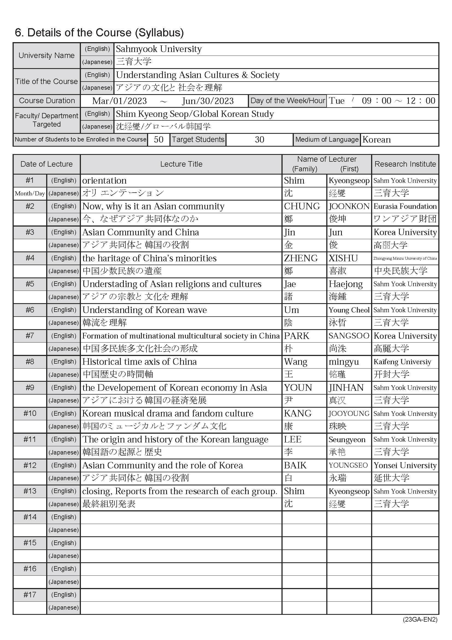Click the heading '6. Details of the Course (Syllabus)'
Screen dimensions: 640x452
(99, 33)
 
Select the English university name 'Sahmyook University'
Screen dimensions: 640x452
(159, 49)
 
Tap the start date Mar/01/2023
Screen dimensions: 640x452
(119, 101)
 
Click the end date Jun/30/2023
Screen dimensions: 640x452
(208, 101)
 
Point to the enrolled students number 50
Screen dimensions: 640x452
(159, 139)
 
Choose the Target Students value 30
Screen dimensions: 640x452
(259, 139)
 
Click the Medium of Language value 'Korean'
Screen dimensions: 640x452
(377, 139)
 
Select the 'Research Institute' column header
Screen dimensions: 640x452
(405, 164)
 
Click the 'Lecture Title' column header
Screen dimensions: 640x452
(181, 164)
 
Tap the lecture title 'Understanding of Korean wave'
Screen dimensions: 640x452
(145, 310)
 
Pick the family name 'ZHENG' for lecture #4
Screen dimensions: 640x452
(301, 258)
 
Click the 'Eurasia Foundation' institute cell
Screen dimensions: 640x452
(405, 206)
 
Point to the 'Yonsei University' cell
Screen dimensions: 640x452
(405, 465)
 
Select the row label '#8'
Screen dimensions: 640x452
(30, 361)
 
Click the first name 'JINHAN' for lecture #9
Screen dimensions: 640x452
(346, 387)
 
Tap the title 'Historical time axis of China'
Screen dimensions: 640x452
(139, 361)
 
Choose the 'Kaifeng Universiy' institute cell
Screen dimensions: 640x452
(402, 362)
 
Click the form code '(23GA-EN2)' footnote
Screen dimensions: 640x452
(420, 619)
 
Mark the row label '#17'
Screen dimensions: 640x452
(30, 595)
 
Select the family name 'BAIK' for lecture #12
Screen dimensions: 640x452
(295, 465)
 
